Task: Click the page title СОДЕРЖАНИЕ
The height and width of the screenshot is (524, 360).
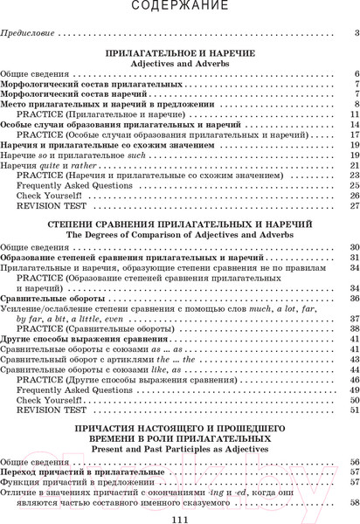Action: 180,7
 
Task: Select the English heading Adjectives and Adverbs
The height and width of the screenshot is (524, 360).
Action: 179,65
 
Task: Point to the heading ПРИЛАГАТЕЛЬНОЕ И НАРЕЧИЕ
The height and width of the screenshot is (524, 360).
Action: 179,54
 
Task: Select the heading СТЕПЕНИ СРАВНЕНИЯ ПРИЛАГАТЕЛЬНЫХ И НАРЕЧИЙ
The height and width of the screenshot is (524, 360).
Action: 179,225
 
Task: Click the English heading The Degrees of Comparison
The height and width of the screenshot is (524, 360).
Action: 179,236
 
